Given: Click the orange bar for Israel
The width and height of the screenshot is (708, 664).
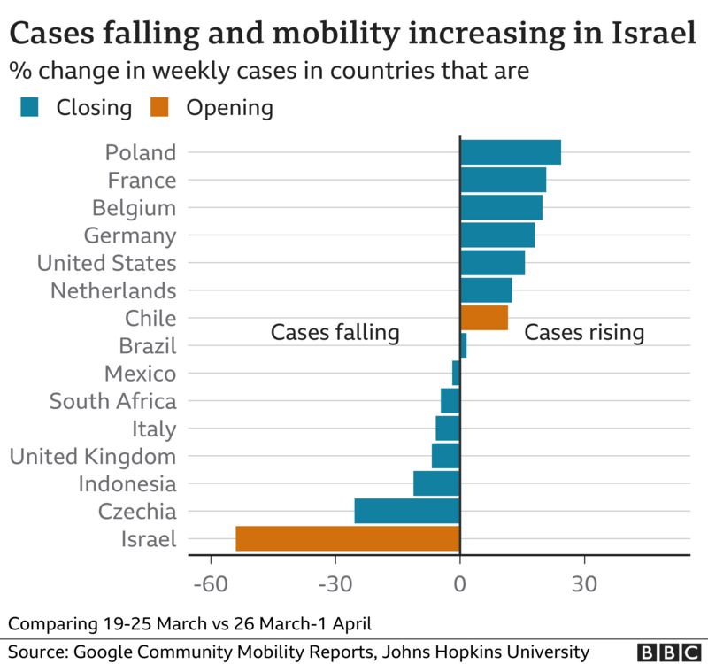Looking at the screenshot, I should tap(348, 538).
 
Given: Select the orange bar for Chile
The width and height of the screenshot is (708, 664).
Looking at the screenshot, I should tap(484, 317).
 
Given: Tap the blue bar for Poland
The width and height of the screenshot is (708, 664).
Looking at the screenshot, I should tap(510, 152).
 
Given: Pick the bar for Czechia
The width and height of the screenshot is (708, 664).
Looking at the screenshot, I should tap(407, 511).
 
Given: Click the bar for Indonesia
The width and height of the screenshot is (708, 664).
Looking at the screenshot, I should tap(436, 483).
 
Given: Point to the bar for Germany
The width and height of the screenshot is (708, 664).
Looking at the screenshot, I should tap(497, 235).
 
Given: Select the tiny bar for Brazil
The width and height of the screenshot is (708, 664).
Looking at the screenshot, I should tap(463, 345).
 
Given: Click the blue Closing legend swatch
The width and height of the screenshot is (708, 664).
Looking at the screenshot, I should tap(29, 108).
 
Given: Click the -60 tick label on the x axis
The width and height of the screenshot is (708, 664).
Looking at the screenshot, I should tap(211, 584).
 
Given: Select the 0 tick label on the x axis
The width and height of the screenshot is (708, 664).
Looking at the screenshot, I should tap(460, 584).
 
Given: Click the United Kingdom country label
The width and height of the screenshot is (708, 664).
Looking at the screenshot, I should tap(92, 457).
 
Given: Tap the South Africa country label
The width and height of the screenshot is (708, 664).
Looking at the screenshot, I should tap(112, 401).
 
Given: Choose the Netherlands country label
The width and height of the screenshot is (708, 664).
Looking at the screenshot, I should tap(113, 290).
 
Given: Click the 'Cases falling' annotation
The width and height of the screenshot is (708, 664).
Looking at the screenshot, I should tap(335, 333).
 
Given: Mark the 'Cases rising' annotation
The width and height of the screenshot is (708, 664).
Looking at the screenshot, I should tap(584, 333).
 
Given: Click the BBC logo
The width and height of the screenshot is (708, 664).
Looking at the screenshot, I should tap(668, 652).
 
